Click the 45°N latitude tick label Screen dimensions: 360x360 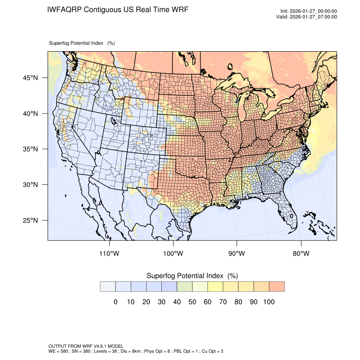coord(30,78)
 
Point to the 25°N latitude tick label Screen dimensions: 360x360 coord(30,221)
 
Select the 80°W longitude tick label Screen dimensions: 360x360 coord(301,254)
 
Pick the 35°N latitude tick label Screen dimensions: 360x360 coord(30,150)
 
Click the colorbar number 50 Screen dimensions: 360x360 coord(192,302)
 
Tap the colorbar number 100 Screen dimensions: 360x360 coord(269,302)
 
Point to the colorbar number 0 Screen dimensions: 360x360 coord(115,302)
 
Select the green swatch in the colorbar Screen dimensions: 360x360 coord(184,287)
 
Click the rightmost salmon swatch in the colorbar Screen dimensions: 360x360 coord(277,287)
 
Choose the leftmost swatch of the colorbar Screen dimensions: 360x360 coord(108,287)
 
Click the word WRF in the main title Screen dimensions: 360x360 coord(178,9)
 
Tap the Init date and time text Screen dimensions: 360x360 coord(309,11)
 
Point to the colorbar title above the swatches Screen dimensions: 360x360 coord(192,276)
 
